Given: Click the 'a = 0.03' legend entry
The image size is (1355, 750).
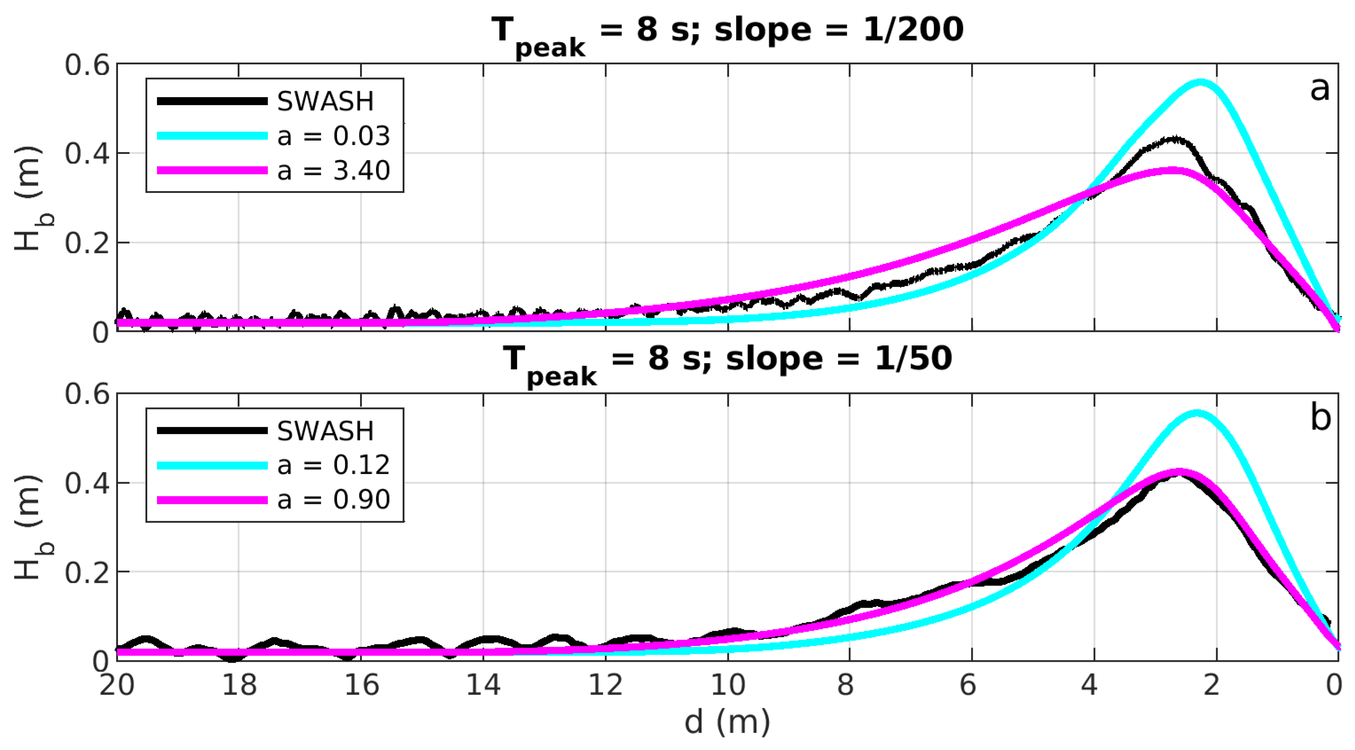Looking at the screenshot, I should pos(333,136).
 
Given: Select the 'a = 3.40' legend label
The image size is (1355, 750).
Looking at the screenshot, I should pos(333,170).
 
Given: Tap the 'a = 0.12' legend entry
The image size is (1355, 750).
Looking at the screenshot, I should pos(333,465).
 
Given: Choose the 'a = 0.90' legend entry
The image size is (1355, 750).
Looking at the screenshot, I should pos(333,499).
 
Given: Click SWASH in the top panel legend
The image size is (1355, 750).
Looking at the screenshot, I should pos(325,102).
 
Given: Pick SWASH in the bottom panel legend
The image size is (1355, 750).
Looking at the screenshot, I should pos(325,431).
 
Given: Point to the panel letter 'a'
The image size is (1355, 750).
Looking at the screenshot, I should pos(1319,89).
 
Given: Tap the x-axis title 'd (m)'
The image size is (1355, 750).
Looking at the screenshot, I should pos(727,722).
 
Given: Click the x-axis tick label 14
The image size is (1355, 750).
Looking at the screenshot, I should pos(483,685).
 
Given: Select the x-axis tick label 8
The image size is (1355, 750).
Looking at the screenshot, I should pos(845,685).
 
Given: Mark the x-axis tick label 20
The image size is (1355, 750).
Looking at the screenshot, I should pos(117,685).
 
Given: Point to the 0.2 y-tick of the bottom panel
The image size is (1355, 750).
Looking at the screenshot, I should pos(87,572).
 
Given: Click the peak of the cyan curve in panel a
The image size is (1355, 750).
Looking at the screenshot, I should pos(1200,82).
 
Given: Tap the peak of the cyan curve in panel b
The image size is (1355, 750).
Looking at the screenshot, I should pos(1197,412).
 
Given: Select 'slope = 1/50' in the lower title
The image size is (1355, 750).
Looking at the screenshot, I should pos(838,359).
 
